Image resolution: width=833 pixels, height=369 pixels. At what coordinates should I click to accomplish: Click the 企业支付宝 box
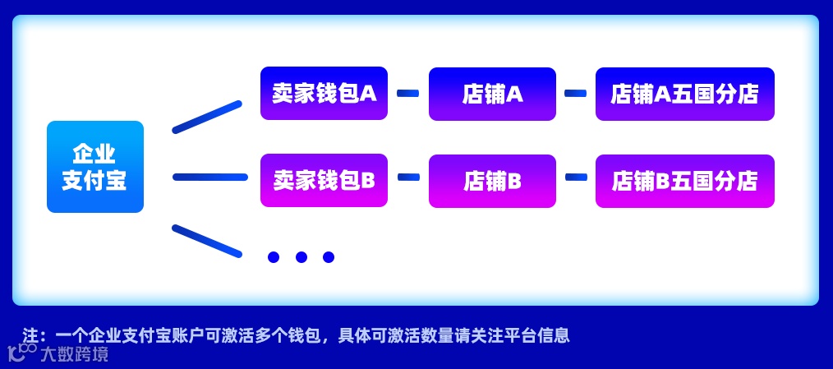pos(94,167)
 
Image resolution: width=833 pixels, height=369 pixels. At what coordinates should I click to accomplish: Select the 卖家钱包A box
pos(324,93)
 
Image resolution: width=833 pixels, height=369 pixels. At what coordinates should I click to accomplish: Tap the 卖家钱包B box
pos(324,180)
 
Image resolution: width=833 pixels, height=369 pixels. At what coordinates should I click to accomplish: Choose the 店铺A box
pos(492,94)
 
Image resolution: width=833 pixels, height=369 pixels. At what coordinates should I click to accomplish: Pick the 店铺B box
pos(492,181)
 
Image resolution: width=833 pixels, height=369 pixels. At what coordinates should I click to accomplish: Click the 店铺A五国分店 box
pos(684,94)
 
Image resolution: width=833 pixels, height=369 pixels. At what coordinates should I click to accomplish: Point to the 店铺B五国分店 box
pos(684,181)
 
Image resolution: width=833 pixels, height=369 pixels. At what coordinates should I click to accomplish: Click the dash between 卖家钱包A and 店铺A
pos(407,94)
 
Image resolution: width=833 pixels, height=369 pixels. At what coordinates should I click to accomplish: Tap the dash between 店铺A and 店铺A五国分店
pos(575,94)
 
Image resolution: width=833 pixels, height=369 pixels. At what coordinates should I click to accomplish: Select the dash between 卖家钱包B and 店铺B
pos(408,177)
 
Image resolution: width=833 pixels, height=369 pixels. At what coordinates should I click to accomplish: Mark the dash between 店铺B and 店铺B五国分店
pos(576,177)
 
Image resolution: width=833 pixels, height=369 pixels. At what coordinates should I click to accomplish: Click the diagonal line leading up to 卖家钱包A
pos(207,117)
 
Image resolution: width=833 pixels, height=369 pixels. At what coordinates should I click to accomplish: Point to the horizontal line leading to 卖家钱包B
pos(210,177)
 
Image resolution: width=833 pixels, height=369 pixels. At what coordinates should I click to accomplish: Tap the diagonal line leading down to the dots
pos(207,240)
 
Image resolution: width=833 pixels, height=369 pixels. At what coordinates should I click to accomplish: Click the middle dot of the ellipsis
pos(301,257)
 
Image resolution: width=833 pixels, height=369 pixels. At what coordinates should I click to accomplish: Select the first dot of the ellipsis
pos(274,257)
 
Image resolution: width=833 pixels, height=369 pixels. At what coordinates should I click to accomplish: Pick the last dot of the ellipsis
pos(329,257)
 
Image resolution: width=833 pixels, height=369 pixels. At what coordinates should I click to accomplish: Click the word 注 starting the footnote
pos(31,335)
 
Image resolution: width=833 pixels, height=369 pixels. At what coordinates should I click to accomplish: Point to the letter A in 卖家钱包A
pos(368,93)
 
